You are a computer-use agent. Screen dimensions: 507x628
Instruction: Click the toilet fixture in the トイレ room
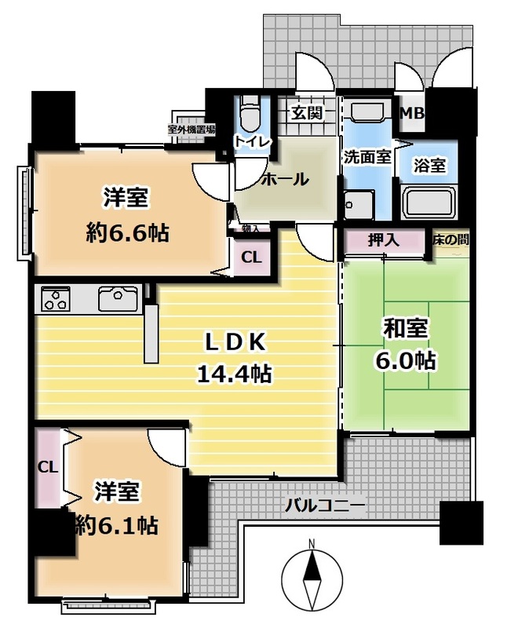point(250,113)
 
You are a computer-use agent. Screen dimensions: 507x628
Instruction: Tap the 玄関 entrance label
point(306,114)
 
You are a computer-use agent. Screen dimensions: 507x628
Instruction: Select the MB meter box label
point(413,113)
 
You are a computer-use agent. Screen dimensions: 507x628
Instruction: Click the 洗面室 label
point(367,157)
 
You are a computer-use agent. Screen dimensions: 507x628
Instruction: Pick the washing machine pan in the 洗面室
point(359,205)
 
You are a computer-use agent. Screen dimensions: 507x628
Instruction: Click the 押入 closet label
point(384,240)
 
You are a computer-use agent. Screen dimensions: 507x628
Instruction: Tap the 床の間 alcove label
point(450,240)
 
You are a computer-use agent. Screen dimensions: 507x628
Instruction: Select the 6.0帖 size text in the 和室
point(405,361)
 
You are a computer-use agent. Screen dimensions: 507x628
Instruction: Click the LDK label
point(235,343)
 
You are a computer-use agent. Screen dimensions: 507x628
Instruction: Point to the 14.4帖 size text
point(235,374)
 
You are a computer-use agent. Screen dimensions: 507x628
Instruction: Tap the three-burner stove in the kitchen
point(55,298)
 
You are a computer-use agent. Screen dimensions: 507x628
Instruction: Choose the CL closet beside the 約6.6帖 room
point(251,257)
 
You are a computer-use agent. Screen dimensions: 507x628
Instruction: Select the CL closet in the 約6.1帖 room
point(48,467)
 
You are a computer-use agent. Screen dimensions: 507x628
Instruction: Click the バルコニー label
point(325,506)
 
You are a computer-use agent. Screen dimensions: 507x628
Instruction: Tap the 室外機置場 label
point(191,130)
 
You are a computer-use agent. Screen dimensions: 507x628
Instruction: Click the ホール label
point(285,179)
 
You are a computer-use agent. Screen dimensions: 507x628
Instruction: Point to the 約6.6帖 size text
point(127,232)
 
